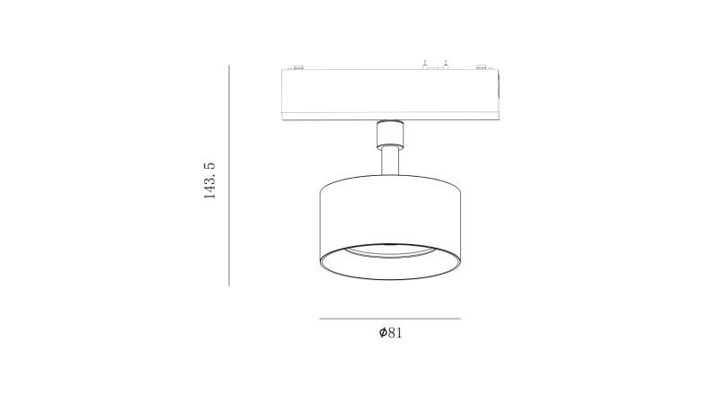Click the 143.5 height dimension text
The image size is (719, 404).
209,180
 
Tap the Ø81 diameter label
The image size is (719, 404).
390,333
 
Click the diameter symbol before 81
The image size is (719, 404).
383,333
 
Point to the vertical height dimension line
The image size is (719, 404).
229,175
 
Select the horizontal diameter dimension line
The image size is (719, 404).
390,319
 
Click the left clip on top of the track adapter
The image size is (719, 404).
297,68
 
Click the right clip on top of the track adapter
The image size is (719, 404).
481,68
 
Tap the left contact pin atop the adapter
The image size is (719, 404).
425,65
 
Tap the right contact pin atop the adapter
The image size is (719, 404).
445,65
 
